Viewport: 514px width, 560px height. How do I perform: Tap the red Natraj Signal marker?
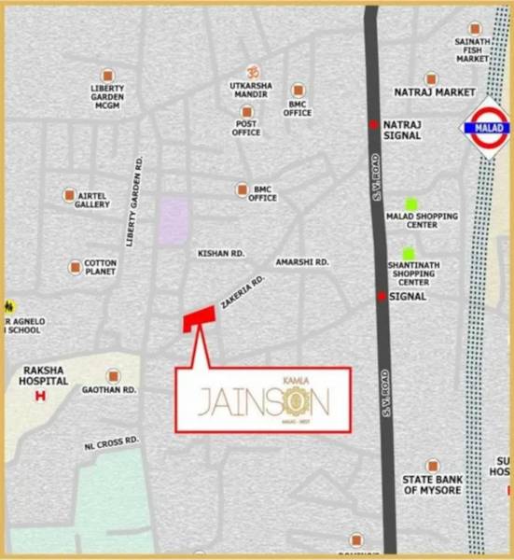[x=373, y=124]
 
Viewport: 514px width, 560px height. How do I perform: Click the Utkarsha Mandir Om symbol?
[x=250, y=71]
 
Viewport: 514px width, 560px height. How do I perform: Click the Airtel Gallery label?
[x=92, y=201]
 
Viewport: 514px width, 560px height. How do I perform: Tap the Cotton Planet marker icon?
[x=75, y=268]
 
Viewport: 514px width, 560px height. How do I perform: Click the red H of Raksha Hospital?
[x=40, y=396]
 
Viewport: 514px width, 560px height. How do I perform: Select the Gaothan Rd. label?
[x=109, y=389]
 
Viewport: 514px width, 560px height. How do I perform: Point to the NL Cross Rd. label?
[x=111, y=440]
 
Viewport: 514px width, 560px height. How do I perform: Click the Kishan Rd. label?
[x=220, y=253]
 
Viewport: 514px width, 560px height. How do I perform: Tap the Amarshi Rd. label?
[x=301, y=263]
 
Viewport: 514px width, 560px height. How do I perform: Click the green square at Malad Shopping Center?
[x=410, y=204]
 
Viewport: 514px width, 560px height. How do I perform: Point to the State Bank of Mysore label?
[x=432, y=484]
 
